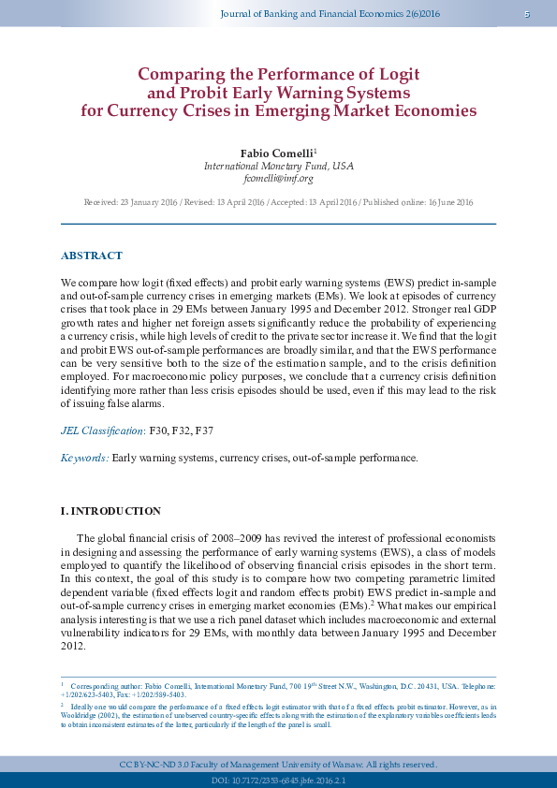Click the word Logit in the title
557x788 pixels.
pos(396,74)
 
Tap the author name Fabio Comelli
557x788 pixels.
pos(277,153)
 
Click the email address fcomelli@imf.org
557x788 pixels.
pos(278,178)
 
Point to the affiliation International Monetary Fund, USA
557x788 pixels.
pos(278,166)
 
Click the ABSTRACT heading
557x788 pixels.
pos(91,255)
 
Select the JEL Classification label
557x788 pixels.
pos(102,431)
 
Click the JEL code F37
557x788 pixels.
pos(203,431)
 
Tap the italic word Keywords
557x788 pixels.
pos(84,458)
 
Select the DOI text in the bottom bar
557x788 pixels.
pos(278,780)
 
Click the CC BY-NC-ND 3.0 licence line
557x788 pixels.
pos(278,764)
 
